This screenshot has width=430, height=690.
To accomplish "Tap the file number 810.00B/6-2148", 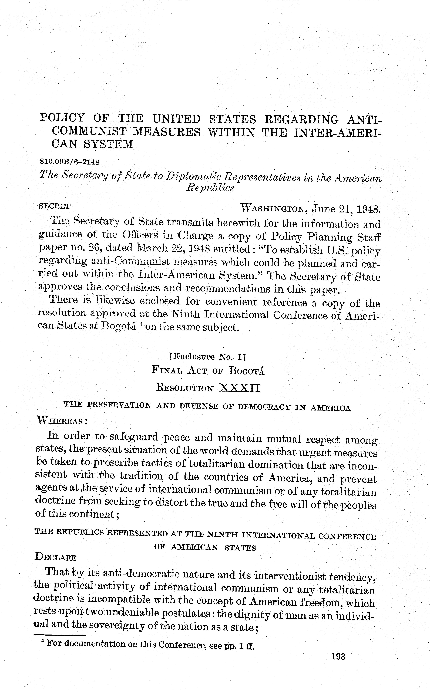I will pos(70,162).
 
